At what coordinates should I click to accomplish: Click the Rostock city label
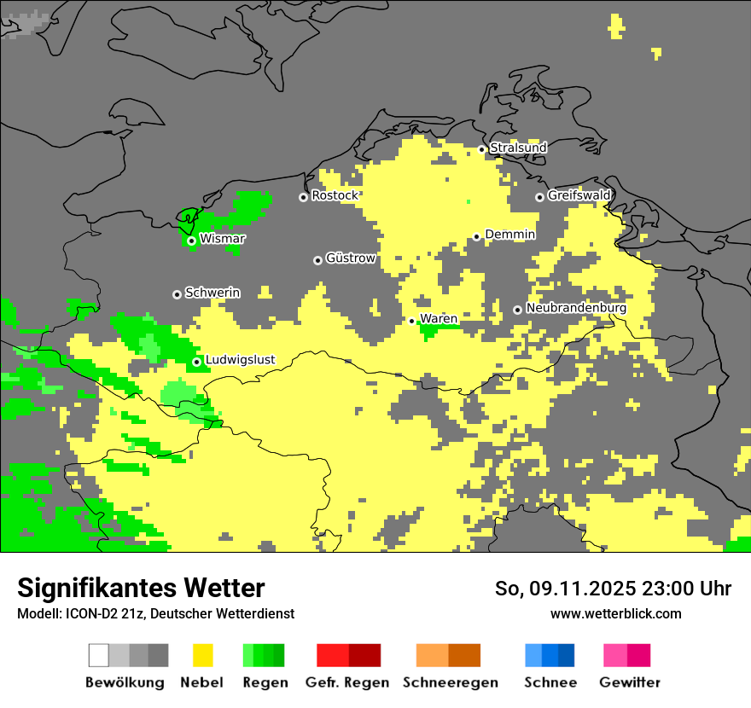coord(335,196)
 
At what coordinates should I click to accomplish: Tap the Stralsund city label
coord(518,148)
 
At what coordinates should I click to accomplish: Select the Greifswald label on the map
coord(579,196)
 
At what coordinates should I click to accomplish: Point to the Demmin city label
coord(509,235)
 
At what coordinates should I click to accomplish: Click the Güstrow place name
coord(350,258)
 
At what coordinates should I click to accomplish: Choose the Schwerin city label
coord(212,293)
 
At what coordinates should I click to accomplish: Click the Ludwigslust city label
coord(240,360)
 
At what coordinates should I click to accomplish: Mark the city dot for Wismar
coord(191,241)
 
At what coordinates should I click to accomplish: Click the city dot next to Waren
coord(412,322)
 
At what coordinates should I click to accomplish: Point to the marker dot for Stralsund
coord(481,149)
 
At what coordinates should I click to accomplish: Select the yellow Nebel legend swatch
coord(203,655)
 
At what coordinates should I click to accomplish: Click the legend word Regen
coord(265,682)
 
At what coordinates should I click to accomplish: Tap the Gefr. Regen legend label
coord(347,682)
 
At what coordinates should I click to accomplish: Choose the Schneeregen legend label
coord(450,682)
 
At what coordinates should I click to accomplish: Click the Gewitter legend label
coord(630,682)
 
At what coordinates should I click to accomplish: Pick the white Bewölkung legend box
coord(99,655)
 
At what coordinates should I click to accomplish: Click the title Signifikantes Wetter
coord(141,589)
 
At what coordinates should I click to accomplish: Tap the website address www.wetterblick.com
coord(615,614)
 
